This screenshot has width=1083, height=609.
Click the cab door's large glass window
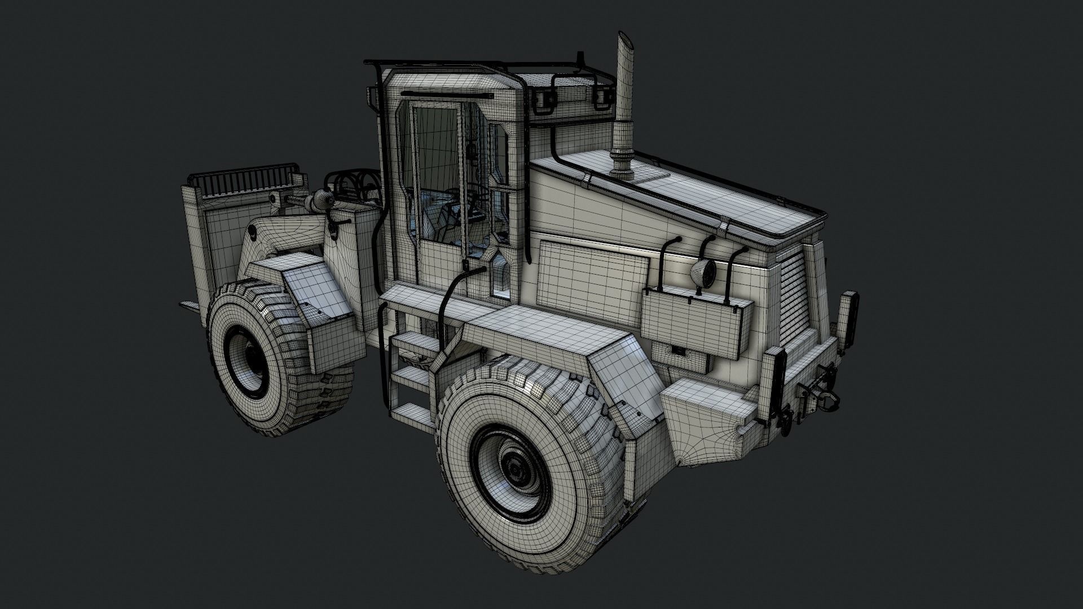click(x=434, y=164)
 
